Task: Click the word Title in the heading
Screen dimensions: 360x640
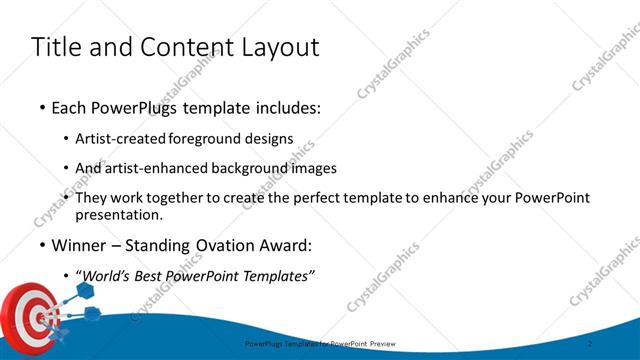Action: click(x=55, y=47)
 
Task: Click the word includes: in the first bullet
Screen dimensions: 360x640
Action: click(x=286, y=107)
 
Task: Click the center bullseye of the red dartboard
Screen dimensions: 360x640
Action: click(x=40, y=319)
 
